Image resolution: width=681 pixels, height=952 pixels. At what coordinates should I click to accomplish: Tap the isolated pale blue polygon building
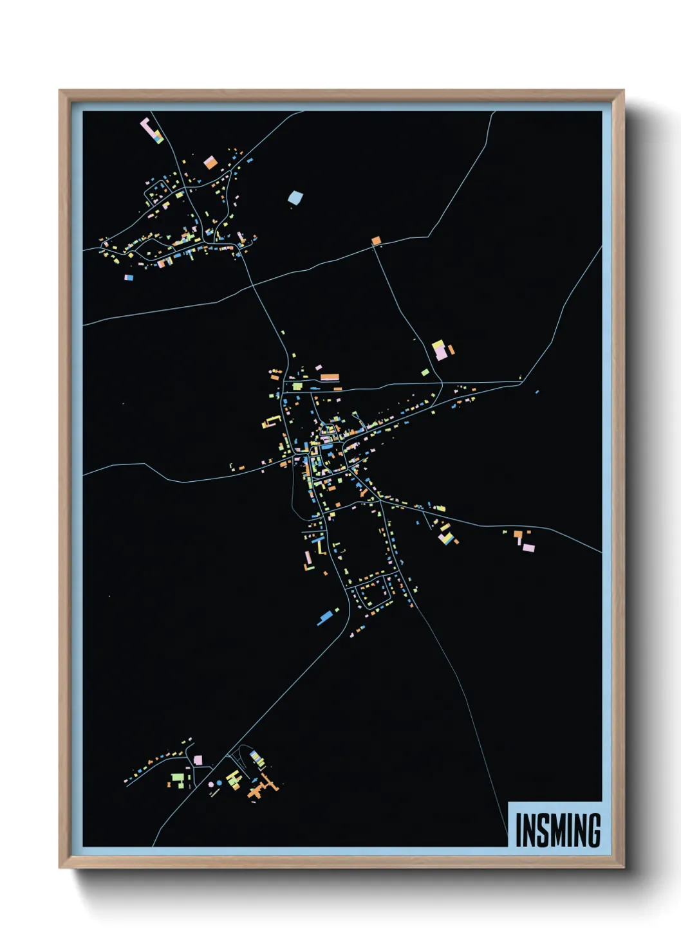[295, 197]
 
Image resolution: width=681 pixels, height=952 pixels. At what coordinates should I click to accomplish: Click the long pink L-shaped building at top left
[151, 130]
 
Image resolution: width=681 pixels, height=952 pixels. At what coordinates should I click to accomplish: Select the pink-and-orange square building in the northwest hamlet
[210, 162]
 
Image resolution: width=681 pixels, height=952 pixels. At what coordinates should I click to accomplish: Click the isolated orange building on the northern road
[376, 241]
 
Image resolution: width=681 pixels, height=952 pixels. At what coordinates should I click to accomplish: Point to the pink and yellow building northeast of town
[440, 350]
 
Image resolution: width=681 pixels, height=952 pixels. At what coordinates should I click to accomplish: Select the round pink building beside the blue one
[210, 785]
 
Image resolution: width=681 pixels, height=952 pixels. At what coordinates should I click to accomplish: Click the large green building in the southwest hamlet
[177, 780]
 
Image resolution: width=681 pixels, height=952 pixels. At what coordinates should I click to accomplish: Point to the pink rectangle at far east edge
[528, 548]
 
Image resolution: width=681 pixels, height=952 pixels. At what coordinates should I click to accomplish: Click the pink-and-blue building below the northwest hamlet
[129, 277]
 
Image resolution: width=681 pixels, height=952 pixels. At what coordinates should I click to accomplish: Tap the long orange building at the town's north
[330, 377]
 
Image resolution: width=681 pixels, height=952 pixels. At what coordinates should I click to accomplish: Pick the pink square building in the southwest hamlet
[198, 760]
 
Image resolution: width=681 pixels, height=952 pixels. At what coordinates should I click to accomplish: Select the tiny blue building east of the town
[537, 391]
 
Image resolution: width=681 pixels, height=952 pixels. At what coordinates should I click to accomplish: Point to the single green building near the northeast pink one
[425, 372]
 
